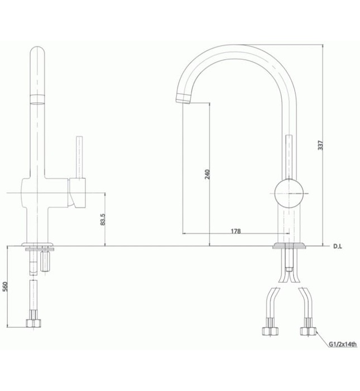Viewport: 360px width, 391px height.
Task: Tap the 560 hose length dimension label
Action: click(x=5, y=287)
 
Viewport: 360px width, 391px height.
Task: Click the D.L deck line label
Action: click(x=337, y=246)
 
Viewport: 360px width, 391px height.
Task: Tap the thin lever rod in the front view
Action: click(x=78, y=156)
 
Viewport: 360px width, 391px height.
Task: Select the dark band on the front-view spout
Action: click(x=38, y=100)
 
